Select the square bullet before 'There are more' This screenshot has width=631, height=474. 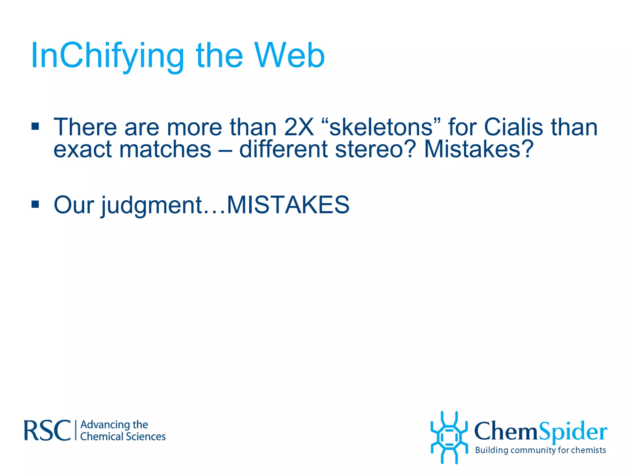coord(35,126)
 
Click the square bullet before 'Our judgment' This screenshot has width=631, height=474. coord(35,204)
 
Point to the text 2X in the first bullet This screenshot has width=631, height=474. coord(299,127)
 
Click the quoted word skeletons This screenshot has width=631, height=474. coord(381,127)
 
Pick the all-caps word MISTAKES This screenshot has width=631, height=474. coord(288,205)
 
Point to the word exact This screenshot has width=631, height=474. coord(82,149)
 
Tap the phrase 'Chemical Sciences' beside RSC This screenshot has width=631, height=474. coord(123,437)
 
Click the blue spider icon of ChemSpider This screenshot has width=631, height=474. coord(449,437)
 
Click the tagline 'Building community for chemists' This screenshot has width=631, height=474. coord(540,450)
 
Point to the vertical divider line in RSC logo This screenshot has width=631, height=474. coord(76,430)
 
